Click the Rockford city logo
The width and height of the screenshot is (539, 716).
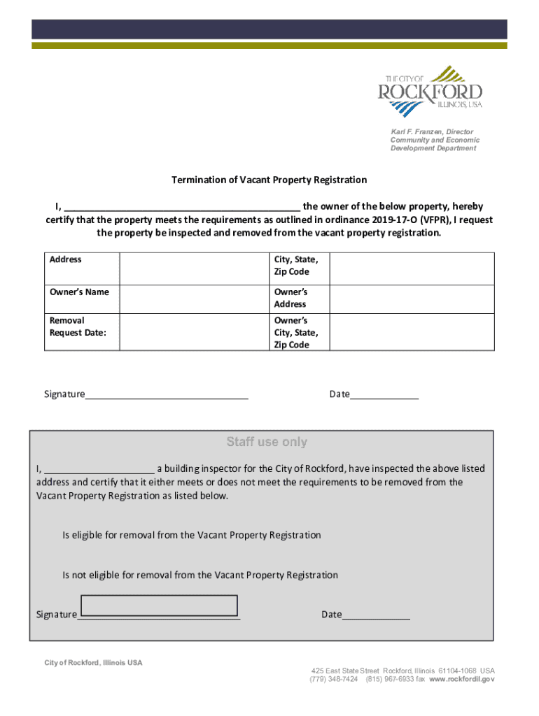pyautogui.click(x=430, y=92)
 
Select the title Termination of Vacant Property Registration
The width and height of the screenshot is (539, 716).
pyautogui.click(x=269, y=180)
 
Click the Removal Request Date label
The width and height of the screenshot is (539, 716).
pyautogui.click(x=78, y=327)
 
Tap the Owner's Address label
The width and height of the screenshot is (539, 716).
pyautogui.click(x=290, y=298)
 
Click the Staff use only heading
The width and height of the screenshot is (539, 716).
pyautogui.click(x=267, y=442)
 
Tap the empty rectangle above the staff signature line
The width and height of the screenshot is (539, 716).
pyautogui.click(x=160, y=605)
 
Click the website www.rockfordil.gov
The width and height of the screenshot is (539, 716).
pyautogui.click(x=462, y=679)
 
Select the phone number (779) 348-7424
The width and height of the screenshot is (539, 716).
pyautogui.click(x=335, y=679)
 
